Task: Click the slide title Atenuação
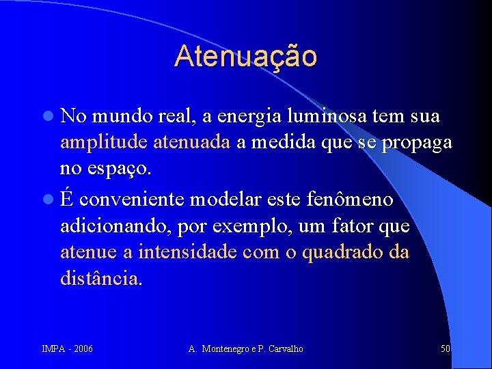[x=245, y=56]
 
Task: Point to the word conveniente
[x=133, y=201]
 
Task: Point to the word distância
[x=101, y=278]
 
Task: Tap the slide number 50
[x=446, y=349]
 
